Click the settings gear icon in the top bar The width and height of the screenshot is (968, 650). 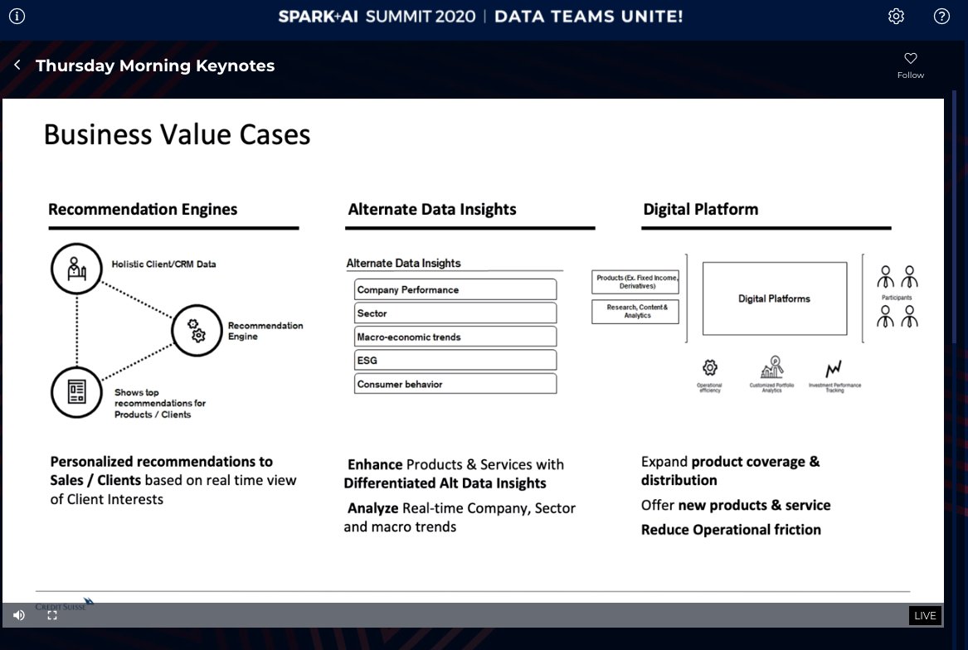click(896, 17)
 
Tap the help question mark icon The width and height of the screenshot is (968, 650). click(941, 17)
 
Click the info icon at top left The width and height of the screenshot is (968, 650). click(17, 17)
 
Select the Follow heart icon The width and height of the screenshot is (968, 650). click(910, 59)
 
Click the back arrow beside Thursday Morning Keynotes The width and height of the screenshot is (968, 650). click(17, 65)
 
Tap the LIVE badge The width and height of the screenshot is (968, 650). click(925, 615)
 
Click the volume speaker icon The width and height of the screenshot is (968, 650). click(19, 615)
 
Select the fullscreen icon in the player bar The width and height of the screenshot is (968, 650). click(52, 615)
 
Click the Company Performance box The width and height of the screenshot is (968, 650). click(455, 289)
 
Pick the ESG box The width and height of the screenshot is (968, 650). click(455, 360)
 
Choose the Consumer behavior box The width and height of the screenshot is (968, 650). click(455, 384)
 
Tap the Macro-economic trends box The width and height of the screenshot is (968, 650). click(455, 337)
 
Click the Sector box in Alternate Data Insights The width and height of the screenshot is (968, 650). click(455, 313)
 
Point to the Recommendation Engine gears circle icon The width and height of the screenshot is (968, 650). click(197, 330)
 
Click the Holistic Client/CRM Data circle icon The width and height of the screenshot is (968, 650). click(76, 269)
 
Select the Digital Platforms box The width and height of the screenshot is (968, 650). click(774, 298)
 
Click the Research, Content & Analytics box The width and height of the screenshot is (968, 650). click(636, 312)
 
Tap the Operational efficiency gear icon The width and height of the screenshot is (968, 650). click(709, 367)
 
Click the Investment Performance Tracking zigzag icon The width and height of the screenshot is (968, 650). click(834, 368)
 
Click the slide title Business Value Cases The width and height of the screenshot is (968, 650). click(177, 134)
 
